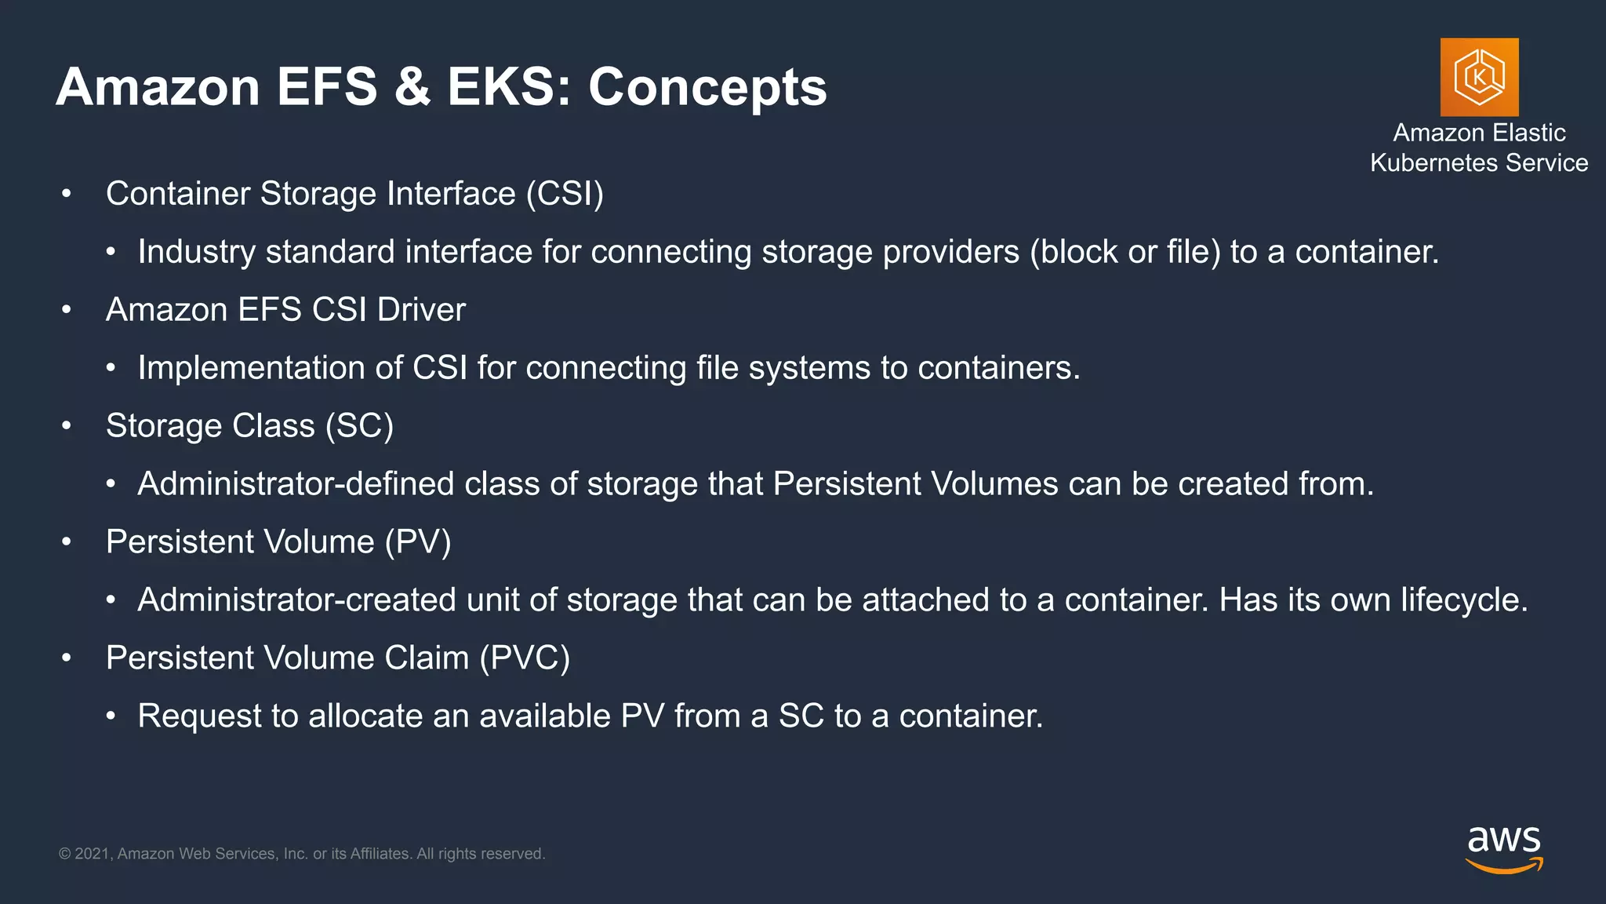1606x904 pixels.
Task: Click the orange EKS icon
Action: (x=1479, y=77)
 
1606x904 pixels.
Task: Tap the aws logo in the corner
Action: (x=1503, y=848)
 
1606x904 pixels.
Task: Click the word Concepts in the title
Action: (x=707, y=86)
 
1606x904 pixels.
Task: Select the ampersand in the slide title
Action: (x=412, y=86)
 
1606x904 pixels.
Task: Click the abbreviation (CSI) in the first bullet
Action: (x=565, y=194)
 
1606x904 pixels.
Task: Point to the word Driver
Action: (x=421, y=310)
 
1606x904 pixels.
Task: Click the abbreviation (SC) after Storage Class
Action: (x=359, y=426)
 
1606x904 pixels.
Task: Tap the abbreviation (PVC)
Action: (x=525, y=658)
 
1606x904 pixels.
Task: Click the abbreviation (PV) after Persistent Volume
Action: (x=418, y=542)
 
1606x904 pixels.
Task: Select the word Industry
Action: (x=197, y=253)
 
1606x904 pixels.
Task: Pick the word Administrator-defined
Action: (x=296, y=484)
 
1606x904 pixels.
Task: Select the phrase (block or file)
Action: (x=1125, y=253)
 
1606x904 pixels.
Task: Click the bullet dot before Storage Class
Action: (x=67, y=426)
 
